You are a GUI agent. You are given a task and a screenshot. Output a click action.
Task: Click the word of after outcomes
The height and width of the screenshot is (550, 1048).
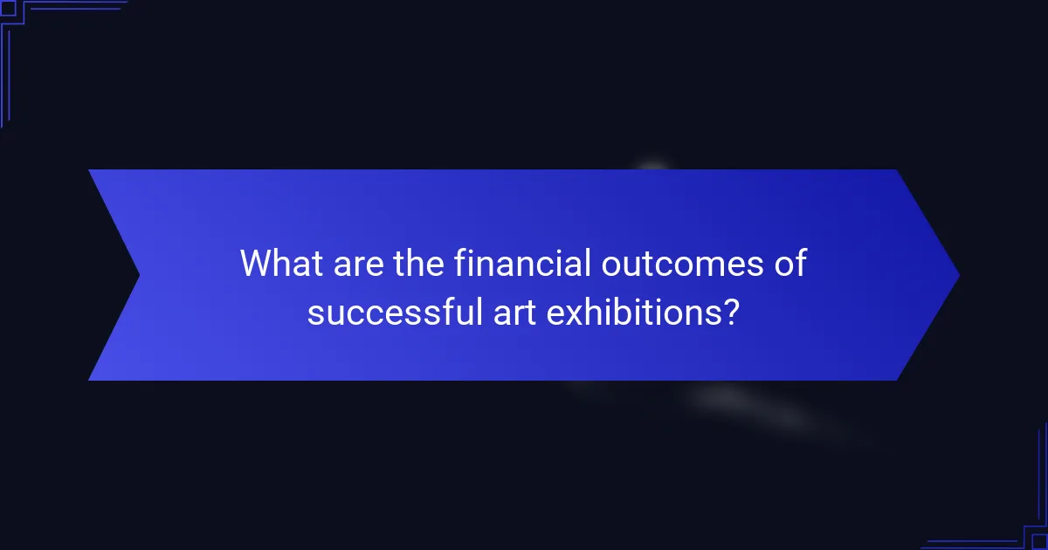click(x=789, y=263)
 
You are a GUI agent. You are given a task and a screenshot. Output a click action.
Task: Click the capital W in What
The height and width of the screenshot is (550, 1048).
click(x=257, y=263)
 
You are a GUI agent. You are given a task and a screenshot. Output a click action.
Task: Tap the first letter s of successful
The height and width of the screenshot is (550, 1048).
click(x=314, y=313)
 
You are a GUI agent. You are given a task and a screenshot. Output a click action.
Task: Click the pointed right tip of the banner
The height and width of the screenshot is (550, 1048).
click(x=958, y=275)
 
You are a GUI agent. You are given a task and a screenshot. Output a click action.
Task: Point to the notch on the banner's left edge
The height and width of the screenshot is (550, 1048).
click(x=139, y=275)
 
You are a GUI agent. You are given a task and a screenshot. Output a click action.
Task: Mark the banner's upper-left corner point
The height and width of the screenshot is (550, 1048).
click(x=89, y=170)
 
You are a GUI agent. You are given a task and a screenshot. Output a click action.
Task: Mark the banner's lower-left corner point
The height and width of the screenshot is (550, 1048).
click(x=89, y=380)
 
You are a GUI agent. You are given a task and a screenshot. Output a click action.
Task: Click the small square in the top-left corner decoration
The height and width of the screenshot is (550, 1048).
click(x=8, y=8)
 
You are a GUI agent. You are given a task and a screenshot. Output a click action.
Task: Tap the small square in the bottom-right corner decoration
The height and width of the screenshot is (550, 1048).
click(x=1039, y=541)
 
